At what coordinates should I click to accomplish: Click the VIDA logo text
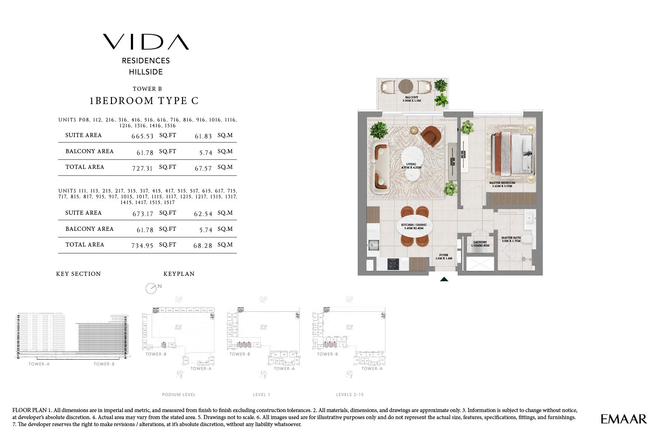pyautogui.click(x=146, y=42)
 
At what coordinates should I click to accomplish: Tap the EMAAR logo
pyautogui.click(x=623, y=419)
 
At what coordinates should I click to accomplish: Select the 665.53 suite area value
pyautogui.click(x=143, y=136)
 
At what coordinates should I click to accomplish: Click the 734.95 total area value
pyautogui.click(x=143, y=245)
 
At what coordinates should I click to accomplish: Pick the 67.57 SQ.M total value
pyautogui.click(x=203, y=168)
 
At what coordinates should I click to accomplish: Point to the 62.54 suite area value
pyautogui.click(x=203, y=213)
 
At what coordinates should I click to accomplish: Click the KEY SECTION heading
pyautogui.click(x=78, y=274)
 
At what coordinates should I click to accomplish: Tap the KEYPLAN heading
pyautogui.click(x=179, y=274)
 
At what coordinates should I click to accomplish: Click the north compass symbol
pyautogui.click(x=151, y=288)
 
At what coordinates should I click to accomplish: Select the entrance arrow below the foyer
pyautogui.click(x=444, y=279)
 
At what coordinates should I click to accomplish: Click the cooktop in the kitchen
pyautogui.click(x=393, y=264)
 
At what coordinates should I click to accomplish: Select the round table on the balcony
pyautogui.click(x=406, y=86)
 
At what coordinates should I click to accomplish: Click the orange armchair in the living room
pyautogui.click(x=431, y=136)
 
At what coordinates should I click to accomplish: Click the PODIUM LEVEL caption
pyautogui.click(x=178, y=394)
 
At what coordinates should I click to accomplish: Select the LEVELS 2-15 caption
pyautogui.click(x=350, y=394)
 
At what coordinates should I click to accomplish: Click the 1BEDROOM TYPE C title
pyautogui.click(x=144, y=101)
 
